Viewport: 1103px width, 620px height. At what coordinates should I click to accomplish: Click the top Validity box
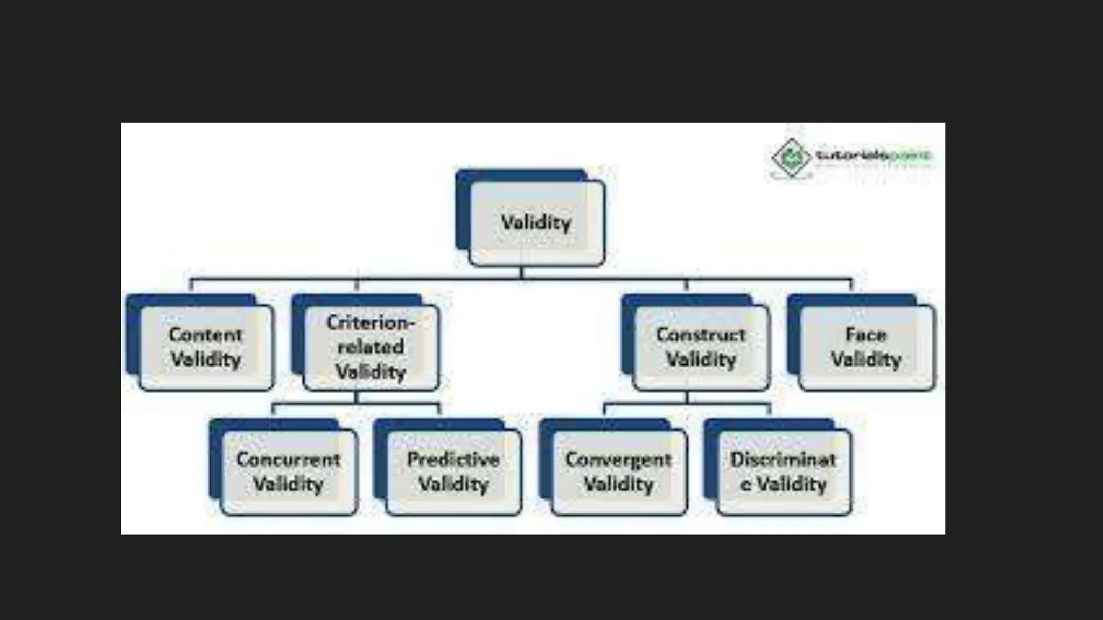tap(536, 222)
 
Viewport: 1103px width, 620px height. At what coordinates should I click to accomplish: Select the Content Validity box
tap(206, 347)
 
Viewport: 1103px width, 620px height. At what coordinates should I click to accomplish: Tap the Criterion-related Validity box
tap(371, 347)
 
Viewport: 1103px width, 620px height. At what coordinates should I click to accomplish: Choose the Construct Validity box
tap(701, 347)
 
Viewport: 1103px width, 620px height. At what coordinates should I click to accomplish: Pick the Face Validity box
tap(867, 347)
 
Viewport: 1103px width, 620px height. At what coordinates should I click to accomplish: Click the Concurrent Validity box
tap(289, 471)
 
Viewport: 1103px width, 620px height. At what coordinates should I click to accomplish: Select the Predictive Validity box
tap(453, 471)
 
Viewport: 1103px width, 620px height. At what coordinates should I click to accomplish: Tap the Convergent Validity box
tap(619, 471)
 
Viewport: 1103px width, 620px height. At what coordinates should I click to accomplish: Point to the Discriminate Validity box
tap(784, 471)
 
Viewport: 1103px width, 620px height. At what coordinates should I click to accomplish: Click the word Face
tap(866, 335)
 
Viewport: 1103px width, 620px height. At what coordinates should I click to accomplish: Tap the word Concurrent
tap(289, 460)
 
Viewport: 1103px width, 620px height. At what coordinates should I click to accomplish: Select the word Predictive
tap(453, 460)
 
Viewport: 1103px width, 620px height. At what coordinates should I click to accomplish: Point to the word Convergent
tap(618, 460)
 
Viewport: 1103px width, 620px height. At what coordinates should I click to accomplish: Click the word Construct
tap(701, 335)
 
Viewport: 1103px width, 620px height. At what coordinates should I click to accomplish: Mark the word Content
tap(206, 335)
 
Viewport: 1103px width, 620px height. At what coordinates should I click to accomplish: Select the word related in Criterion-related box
tap(371, 347)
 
